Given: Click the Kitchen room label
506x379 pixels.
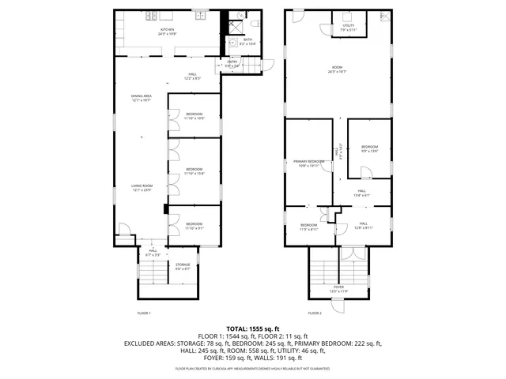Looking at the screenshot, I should (166, 32).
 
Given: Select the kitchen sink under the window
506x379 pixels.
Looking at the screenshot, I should (201, 16).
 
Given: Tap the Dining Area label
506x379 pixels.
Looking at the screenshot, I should (141, 98).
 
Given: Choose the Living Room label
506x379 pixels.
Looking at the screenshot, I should (141, 187).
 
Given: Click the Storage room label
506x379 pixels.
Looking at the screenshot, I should (183, 266).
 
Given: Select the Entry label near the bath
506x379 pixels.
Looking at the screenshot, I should (232, 63).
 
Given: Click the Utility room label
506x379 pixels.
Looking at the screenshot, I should (349, 28).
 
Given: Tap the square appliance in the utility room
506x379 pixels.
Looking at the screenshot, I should (349, 17).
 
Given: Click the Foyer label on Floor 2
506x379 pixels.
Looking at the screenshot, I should (338, 288).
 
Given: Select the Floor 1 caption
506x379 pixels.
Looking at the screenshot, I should (144, 313).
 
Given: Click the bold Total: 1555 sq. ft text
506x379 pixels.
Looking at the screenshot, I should (253, 328).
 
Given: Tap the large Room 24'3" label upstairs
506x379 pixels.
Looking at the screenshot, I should (338, 69).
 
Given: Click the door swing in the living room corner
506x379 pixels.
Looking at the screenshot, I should (123, 229).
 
